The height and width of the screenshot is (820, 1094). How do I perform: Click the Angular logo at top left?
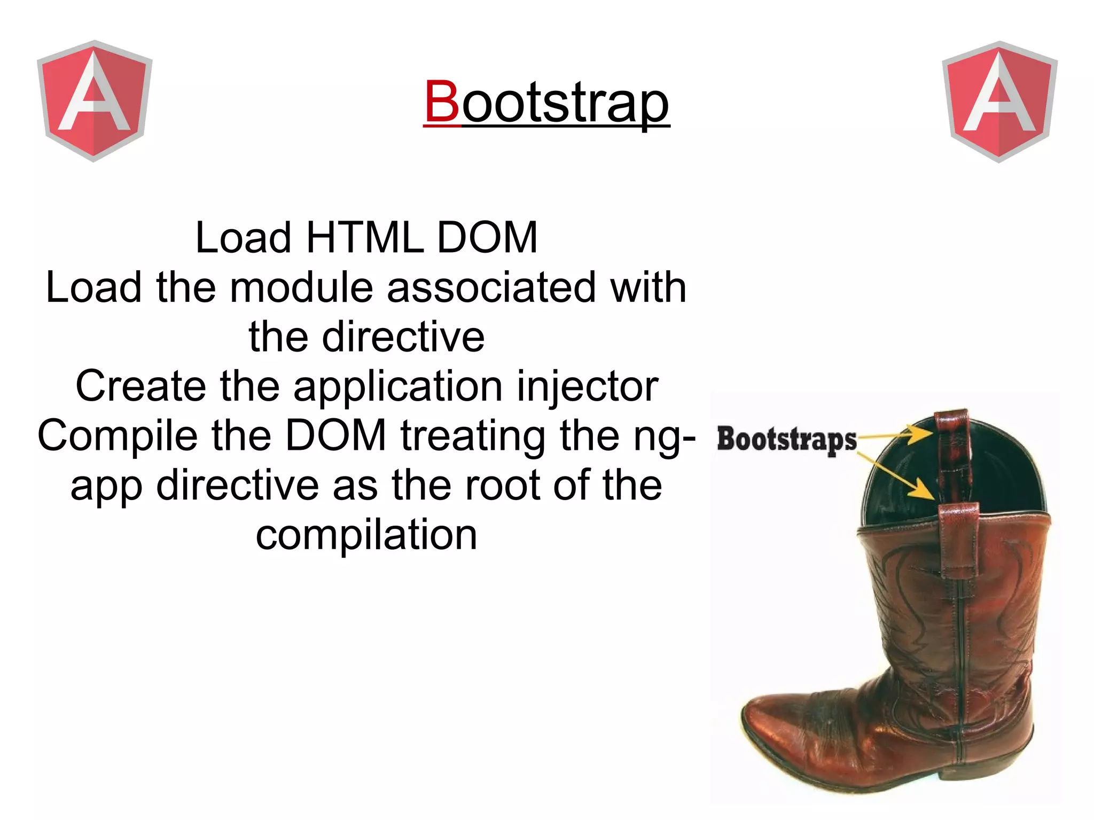(x=95, y=100)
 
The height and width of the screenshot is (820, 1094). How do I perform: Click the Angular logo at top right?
(x=999, y=101)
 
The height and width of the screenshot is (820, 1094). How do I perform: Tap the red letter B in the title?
(x=442, y=101)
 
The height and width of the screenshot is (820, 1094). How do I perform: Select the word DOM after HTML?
(x=487, y=238)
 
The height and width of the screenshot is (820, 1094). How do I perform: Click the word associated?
(x=491, y=287)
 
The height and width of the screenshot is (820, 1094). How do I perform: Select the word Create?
(x=140, y=386)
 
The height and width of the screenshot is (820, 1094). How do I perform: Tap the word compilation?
(x=366, y=535)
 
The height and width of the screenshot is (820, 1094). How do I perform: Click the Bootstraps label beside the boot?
(x=786, y=439)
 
